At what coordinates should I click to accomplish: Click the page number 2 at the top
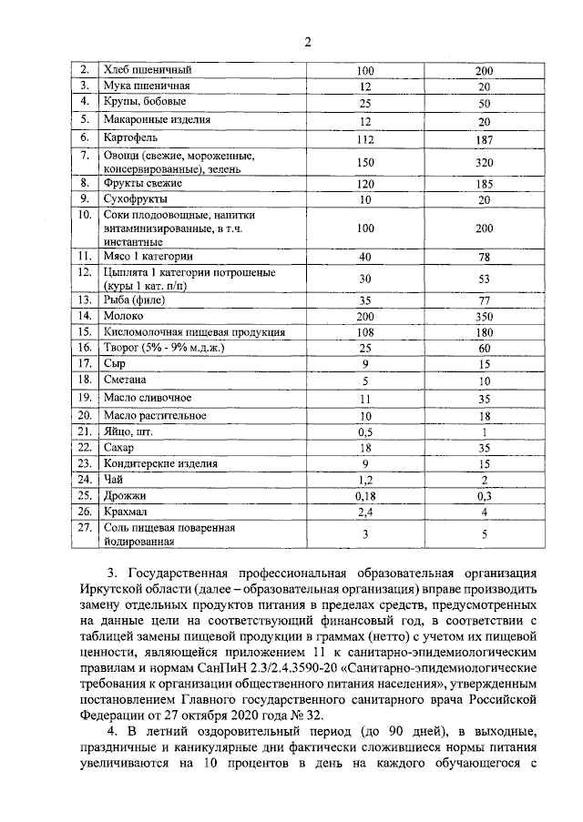pyautogui.click(x=306, y=42)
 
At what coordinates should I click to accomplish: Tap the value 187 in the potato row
pyautogui.click(x=485, y=139)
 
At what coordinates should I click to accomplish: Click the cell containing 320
pyautogui.click(x=485, y=163)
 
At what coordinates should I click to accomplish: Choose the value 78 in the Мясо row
pyautogui.click(x=485, y=258)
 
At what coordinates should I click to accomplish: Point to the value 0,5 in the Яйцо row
pyautogui.click(x=365, y=431)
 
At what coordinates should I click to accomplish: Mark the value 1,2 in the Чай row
pyautogui.click(x=365, y=480)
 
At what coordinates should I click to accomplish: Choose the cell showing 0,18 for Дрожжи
pyautogui.click(x=365, y=496)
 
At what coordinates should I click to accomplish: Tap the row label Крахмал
pyautogui.click(x=128, y=512)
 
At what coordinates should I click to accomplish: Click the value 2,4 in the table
pyautogui.click(x=365, y=512)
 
